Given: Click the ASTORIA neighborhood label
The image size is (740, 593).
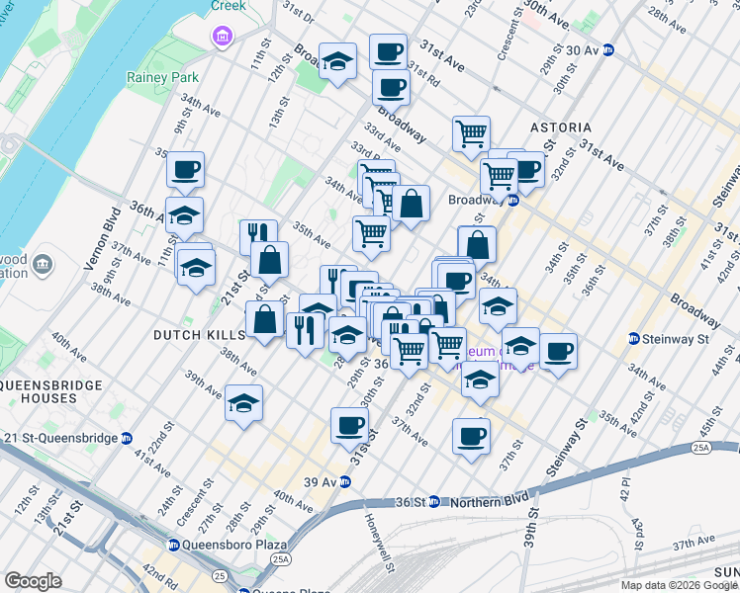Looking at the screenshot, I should [x=560, y=128].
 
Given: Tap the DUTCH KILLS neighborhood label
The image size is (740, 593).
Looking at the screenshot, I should [x=198, y=336].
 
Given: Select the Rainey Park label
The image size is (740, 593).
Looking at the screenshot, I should [x=162, y=77].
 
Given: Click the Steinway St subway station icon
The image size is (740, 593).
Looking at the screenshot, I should [x=633, y=340].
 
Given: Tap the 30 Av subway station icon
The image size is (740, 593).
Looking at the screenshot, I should [x=609, y=49].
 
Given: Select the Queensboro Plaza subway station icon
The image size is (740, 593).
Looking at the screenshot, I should [x=173, y=545].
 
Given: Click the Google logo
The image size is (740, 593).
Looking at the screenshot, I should [x=34, y=580].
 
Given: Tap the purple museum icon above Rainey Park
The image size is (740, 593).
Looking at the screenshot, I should [x=222, y=38].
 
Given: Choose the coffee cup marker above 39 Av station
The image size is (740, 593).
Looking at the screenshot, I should [x=348, y=426].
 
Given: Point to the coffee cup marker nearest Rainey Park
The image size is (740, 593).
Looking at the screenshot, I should [x=185, y=171].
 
